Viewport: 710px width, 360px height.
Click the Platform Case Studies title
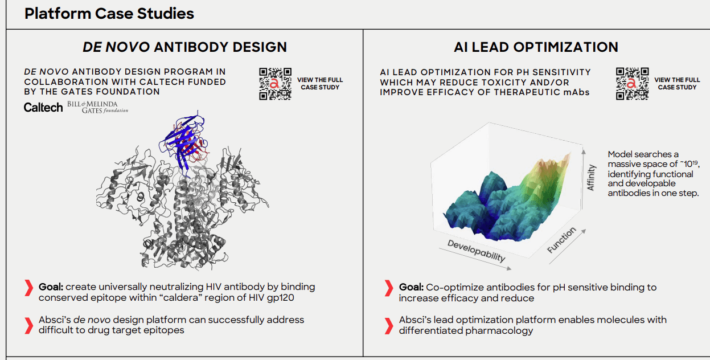tap(109, 14)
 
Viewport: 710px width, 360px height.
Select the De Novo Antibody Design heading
tap(185, 47)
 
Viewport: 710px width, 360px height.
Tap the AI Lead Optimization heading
tap(536, 47)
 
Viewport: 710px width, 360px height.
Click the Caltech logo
tap(43, 108)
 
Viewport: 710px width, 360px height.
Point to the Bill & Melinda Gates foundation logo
tap(97, 107)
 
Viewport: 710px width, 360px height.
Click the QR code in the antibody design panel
tap(275, 84)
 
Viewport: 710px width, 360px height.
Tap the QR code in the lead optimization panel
tap(633, 84)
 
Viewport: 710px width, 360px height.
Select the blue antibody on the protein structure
tap(182, 143)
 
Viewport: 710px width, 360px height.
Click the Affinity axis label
tap(591, 178)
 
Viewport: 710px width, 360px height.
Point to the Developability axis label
tap(476, 251)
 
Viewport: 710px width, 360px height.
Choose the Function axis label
tap(561, 240)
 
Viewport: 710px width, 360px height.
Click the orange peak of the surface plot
tap(558, 162)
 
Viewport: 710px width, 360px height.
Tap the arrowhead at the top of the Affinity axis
tap(583, 152)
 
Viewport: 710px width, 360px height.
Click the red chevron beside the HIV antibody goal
tap(29, 288)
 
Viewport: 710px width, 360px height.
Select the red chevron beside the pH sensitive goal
tap(389, 288)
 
